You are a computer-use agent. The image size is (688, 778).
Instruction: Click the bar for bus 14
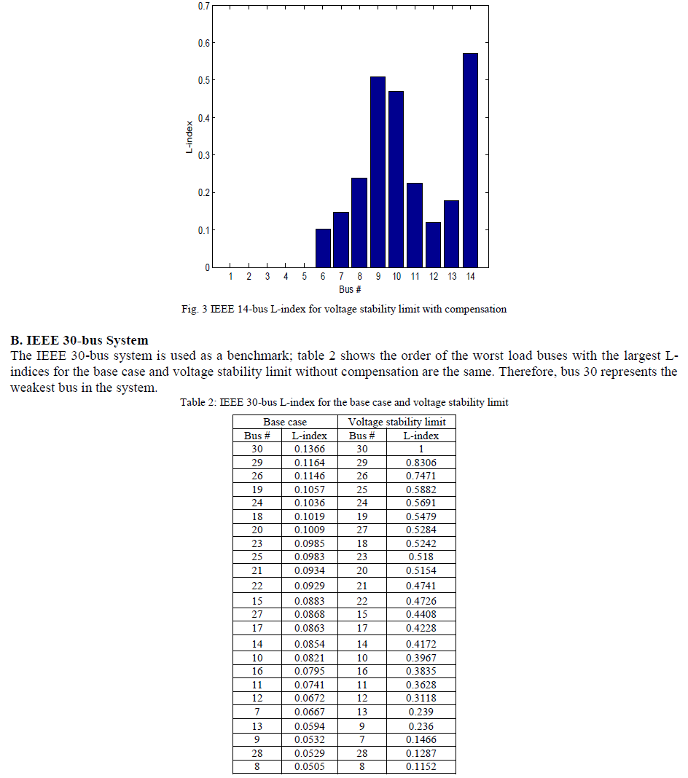(x=470, y=160)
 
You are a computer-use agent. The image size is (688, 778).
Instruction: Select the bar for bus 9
(x=378, y=172)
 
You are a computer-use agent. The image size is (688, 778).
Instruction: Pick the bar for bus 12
(x=433, y=245)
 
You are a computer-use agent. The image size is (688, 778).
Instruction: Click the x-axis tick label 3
(x=267, y=277)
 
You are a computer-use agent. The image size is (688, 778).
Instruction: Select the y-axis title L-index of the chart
(x=189, y=136)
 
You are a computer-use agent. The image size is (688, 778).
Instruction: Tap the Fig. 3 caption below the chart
(x=343, y=309)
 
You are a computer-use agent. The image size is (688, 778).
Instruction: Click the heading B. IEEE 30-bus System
(x=79, y=340)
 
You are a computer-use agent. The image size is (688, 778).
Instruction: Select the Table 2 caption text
(x=344, y=403)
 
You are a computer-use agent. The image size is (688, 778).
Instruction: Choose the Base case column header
(x=285, y=422)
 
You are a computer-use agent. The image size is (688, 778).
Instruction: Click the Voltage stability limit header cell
(x=396, y=422)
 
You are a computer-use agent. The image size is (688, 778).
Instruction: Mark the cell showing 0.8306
(x=421, y=463)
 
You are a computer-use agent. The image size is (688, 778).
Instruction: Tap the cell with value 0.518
(x=421, y=557)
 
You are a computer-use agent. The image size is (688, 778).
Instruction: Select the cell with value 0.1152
(x=421, y=766)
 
